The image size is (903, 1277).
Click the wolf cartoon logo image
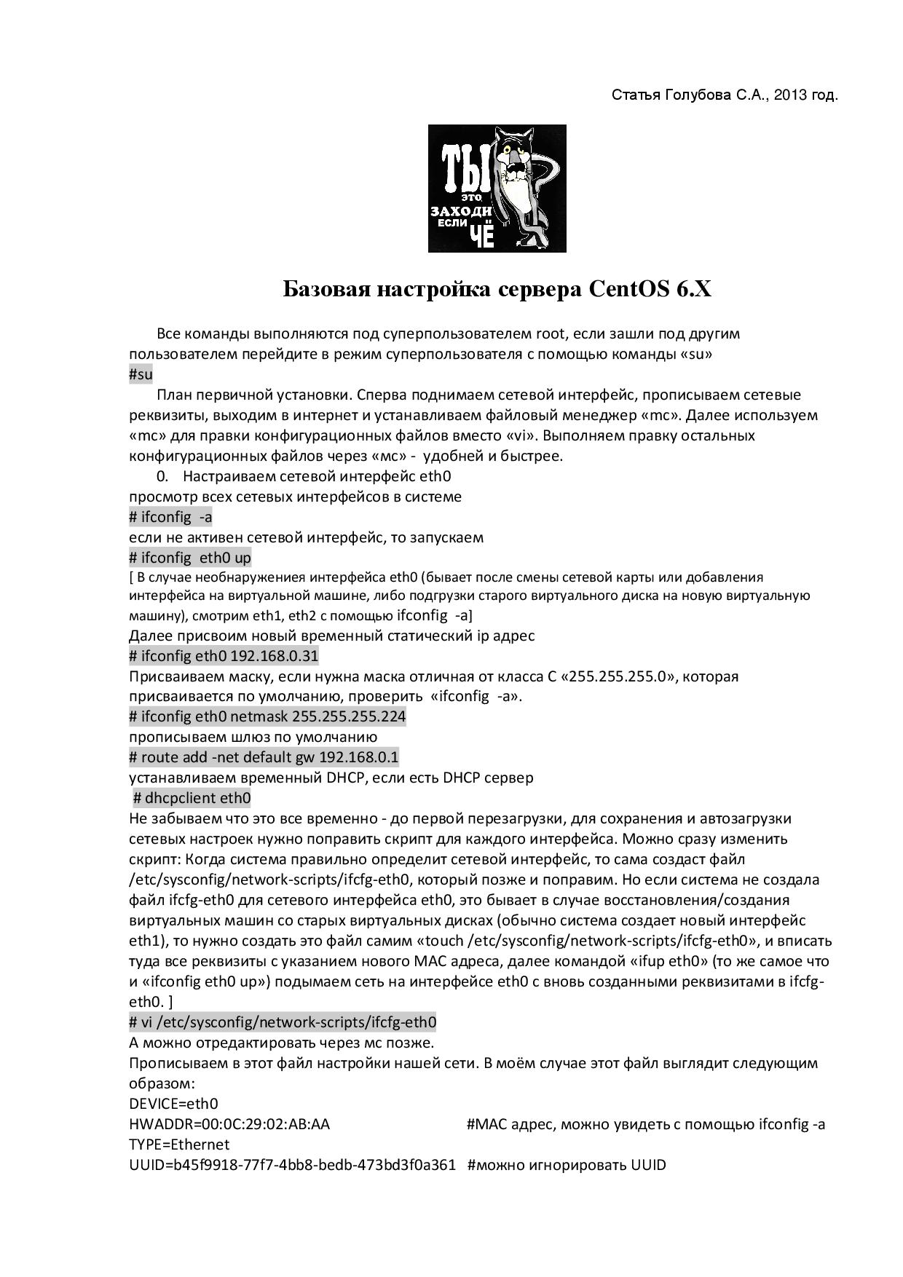point(497,189)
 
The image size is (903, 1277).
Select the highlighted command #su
point(141,375)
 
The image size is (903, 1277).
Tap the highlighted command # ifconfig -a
point(170,518)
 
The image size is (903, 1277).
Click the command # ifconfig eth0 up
point(190,558)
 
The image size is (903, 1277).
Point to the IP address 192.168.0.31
point(275,656)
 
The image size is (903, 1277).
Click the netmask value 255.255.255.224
point(349,716)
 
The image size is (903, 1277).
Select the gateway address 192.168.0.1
point(359,757)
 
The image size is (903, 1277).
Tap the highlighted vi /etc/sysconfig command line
point(283,1022)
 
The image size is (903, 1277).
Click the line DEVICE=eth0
point(173,1104)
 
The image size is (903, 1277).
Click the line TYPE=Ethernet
point(179,1144)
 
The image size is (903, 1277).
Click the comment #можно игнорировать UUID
point(567,1165)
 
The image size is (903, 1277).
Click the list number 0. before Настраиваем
point(162,477)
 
